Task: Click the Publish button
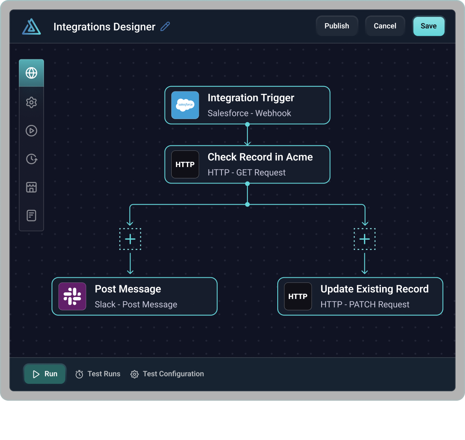pos(337,26)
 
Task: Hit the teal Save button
pos(428,26)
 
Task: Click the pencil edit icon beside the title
pos(165,27)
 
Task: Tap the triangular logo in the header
pos(31,27)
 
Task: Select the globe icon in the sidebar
pos(31,73)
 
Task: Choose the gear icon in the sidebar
pos(31,103)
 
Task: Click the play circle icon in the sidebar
pos(31,131)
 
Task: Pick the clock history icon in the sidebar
pos(31,159)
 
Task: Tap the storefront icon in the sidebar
pos(31,187)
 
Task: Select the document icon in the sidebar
pos(31,216)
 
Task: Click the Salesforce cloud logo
pos(185,105)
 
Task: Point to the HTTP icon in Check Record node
pos(185,165)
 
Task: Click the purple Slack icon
pos(72,296)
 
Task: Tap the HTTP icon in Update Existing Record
pos(298,296)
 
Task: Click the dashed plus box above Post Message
pos(130,239)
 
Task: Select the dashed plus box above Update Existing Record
pos(364,239)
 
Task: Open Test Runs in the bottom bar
pos(98,374)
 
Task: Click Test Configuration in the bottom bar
pos(167,374)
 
